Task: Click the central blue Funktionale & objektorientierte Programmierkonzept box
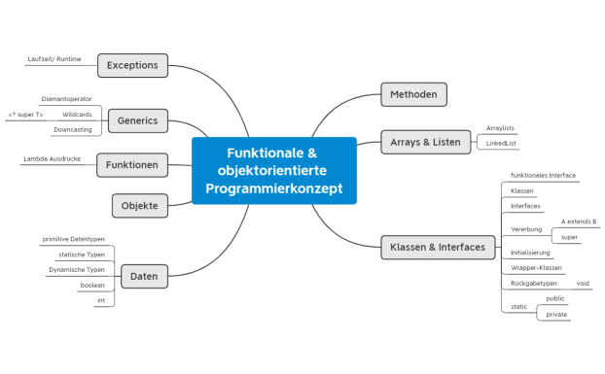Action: coord(273,170)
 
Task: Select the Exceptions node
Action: coord(132,65)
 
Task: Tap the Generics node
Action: coord(137,120)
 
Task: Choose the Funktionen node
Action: coord(132,165)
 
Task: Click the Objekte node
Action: coord(140,205)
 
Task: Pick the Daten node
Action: coord(143,277)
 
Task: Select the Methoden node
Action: coord(413,94)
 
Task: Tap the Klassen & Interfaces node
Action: coord(436,247)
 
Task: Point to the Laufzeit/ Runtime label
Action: coord(54,59)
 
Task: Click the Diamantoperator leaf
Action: coord(67,99)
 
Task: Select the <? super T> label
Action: coord(25,115)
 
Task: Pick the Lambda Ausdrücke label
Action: coord(52,158)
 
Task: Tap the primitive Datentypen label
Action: coord(74,239)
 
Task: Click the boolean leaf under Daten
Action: coord(92,286)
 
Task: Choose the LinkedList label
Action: coord(502,143)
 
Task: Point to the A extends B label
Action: coord(578,221)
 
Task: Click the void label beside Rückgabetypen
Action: coord(583,283)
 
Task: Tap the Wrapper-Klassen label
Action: coord(536,267)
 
